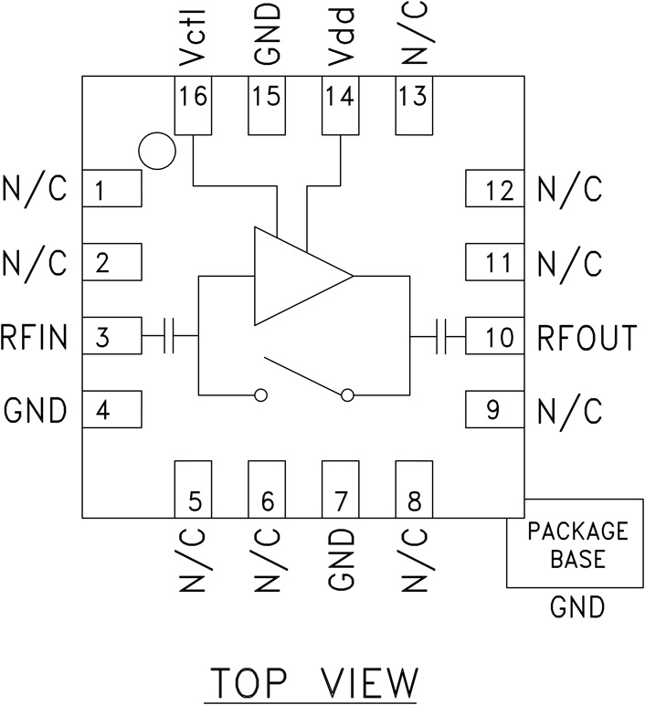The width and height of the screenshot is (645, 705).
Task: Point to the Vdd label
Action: (340, 38)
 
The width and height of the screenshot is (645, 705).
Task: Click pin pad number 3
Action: (112, 338)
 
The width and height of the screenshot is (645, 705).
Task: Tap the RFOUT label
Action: (587, 338)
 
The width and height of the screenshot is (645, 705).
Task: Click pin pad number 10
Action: (494, 338)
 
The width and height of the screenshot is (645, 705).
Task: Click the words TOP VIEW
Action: (315, 682)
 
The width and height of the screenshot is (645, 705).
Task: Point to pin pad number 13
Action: (413, 106)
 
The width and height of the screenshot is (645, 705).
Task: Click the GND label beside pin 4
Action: (36, 411)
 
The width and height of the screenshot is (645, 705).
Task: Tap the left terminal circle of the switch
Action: (260, 395)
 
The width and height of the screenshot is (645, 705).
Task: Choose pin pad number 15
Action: (266, 106)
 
